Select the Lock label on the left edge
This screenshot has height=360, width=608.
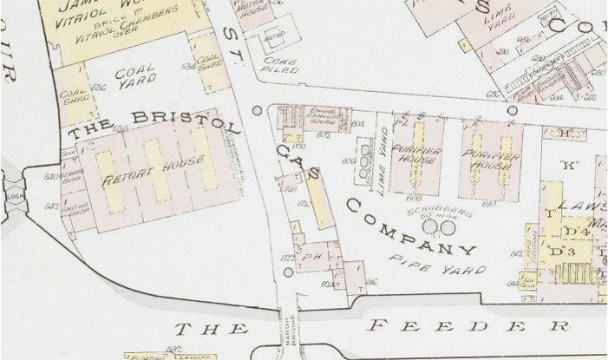pyautogui.click(x=12, y=197)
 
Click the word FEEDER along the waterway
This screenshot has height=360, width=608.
pyautogui.click(x=468, y=326)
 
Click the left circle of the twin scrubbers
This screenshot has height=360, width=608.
pyautogui.click(x=430, y=228)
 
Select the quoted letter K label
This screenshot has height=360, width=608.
pyautogui.click(x=570, y=165)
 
